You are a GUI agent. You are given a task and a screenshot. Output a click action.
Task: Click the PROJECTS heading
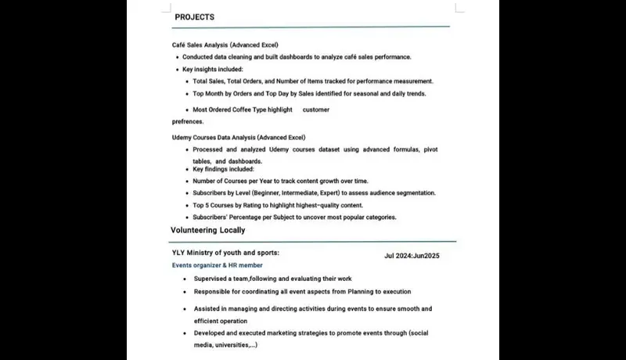tap(194, 16)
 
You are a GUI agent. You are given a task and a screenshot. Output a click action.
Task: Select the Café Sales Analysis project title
tap(225, 45)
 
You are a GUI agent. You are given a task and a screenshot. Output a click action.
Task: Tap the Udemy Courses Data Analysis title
tap(239, 138)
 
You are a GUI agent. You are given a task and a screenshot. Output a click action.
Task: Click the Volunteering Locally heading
tap(207, 230)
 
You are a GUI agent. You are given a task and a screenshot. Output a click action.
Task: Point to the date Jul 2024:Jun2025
tap(412, 256)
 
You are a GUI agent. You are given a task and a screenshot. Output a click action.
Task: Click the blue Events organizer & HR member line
tap(218, 265)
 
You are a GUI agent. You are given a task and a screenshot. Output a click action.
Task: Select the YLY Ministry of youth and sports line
tap(225, 253)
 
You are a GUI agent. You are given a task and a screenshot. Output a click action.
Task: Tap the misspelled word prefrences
tap(188, 121)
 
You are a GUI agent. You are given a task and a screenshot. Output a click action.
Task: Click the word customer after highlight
tap(315, 110)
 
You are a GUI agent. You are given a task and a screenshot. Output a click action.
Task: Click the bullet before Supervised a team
tap(185, 279)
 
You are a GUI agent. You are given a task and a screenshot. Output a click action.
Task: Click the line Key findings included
tap(224, 169)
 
